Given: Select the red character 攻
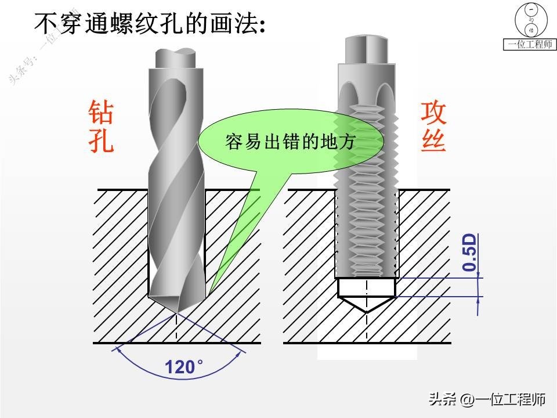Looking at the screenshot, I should tap(433, 112).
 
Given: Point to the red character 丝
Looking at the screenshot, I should tap(433, 140).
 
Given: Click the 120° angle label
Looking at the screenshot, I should tap(184, 367).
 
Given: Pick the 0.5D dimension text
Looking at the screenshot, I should tap(469, 253).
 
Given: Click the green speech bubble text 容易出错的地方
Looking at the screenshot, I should tap(290, 142).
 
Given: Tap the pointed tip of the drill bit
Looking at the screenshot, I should tap(176, 314).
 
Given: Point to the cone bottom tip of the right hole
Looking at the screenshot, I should tap(366, 312).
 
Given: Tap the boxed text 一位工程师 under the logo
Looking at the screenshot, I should tap(530, 45).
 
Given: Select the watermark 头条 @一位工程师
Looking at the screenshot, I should tap(487, 399).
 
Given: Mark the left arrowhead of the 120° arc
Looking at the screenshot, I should tap(118, 348).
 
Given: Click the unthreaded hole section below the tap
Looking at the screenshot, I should tap(366, 287).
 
